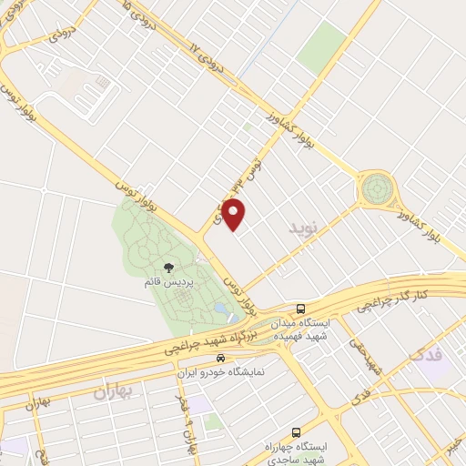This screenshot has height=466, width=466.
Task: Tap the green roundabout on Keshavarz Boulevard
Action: [x=375, y=189]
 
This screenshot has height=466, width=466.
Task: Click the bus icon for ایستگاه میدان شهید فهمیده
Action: [x=300, y=308]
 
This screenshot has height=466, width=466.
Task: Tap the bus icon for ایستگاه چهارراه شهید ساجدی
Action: [x=294, y=432]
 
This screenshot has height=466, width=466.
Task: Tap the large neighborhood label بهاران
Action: [x=114, y=393]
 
